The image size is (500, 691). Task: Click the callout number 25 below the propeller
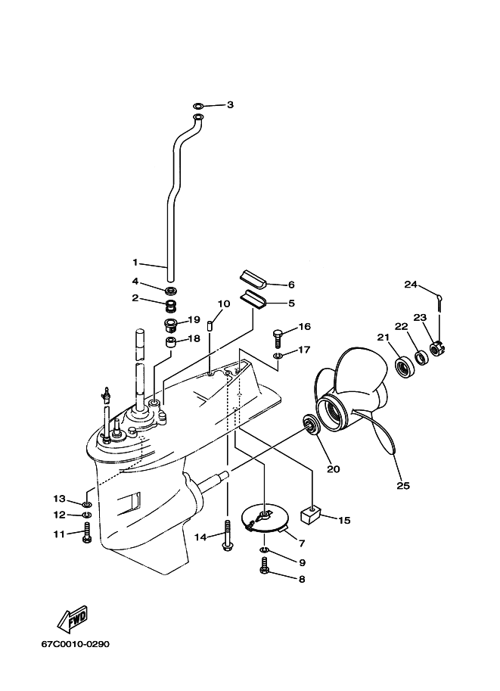click(x=403, y=485)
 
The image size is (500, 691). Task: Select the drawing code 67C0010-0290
click(x=76, y=644)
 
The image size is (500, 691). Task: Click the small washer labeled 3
click(x=198, y=104)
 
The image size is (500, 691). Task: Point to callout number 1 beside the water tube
click(x=135, y=263)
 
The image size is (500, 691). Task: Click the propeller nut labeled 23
click(x=436, y=349)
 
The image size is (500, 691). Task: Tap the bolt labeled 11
click(x=88, y=533)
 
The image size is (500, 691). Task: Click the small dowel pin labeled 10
click(x=213, y=327)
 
